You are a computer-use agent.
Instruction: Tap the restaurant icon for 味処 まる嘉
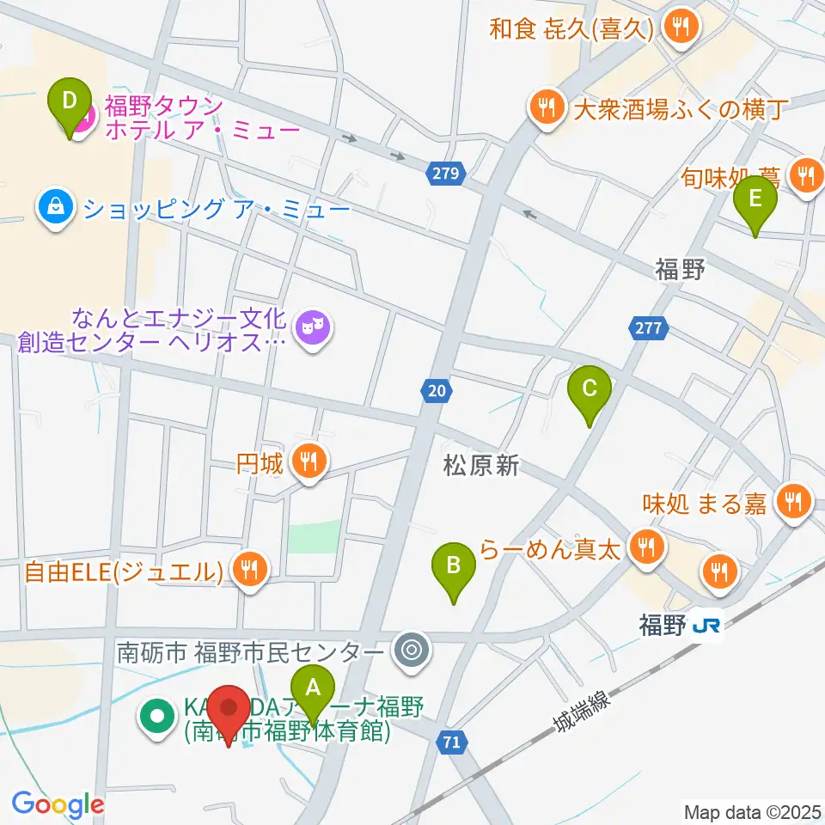pos(791,501)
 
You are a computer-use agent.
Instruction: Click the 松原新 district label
pos(481,466)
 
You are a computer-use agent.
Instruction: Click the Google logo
pos(58,804)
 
